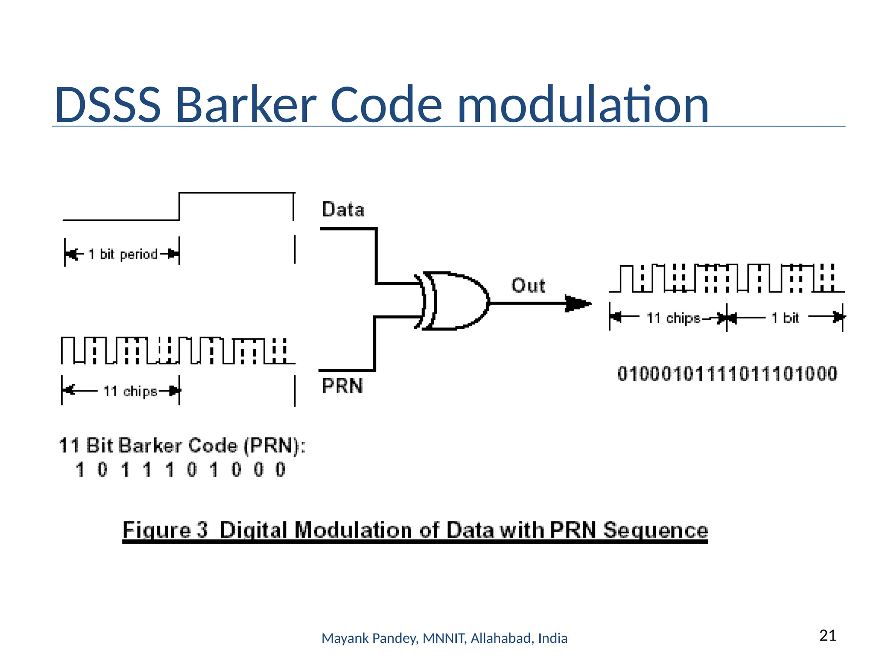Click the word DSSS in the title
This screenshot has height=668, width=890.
click(x=107, y=105)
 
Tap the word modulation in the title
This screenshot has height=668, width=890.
click(x=583, y=105)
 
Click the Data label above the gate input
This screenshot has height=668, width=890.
click(x=343, y=210)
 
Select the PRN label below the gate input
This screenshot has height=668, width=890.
click(x=342, y=386)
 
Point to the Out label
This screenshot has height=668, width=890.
click(x=528, y=286)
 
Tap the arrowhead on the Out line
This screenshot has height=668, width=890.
click(x=578, y=303)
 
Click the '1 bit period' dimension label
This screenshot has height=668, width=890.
click(x=123, y=254)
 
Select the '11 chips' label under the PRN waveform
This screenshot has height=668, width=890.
click(x=130, y=391)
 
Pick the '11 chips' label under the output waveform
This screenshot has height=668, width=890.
click(x=673, y=318)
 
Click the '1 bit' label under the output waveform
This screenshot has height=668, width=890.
click(x=785, y=318)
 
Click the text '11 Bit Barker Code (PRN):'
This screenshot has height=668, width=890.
click(x=182, y=446)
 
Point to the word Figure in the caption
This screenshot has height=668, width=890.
click(x=156, y=530)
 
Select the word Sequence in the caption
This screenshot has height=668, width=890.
click(x=655, y=530)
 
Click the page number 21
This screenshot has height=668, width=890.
click(x=827, y=635)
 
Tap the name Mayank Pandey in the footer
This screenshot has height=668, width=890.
click(x=370, y=638)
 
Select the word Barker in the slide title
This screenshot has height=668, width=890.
click(x=246, y=105)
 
